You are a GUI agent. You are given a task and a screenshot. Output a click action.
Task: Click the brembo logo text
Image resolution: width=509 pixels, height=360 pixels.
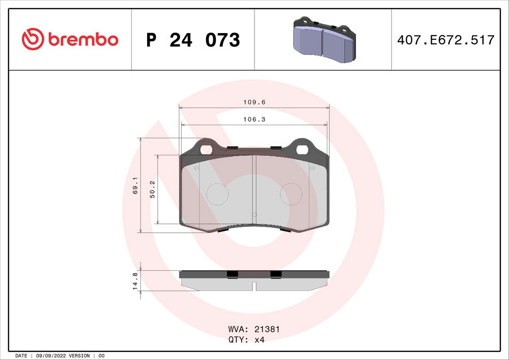click(83, 39)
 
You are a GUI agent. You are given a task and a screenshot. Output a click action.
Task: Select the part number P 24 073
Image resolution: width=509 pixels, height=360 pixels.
click(193, 40)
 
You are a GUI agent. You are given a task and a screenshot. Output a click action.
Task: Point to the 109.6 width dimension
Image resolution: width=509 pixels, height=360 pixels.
click(254, 102)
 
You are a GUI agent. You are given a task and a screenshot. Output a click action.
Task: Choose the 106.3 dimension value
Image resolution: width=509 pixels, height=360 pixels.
click(254, 119)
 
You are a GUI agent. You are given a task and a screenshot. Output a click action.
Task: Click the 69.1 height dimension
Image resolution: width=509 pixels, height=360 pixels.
click(135, 185)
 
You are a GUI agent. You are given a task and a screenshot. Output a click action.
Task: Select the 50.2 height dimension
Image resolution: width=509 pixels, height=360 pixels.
click(152, 189)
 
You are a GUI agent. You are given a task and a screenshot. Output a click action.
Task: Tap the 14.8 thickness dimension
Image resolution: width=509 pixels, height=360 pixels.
click(135, 281)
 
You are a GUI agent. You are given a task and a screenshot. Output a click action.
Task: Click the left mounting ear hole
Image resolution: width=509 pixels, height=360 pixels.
click(206, 149)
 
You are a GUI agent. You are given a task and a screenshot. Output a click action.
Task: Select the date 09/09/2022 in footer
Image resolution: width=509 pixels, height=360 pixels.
click(50, 355)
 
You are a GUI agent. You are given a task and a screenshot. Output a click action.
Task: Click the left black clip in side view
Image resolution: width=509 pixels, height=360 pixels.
click(232, 274)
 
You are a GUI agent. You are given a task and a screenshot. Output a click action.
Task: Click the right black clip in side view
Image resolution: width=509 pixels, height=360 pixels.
click(276, 274)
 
